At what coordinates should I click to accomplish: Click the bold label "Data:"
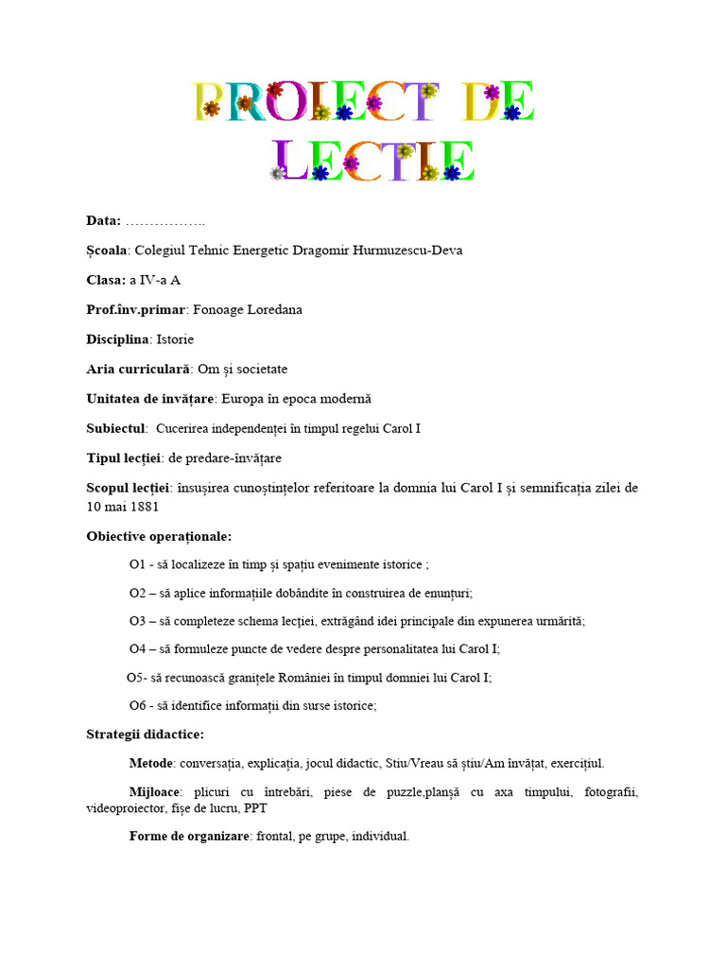point(103,221)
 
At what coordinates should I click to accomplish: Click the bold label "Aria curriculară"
point(138,369)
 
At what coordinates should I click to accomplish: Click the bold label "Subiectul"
point(117,428)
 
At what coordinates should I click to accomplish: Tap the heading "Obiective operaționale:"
point(159,536)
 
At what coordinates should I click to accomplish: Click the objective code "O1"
point(138,565)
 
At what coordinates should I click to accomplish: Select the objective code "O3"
point(138,621)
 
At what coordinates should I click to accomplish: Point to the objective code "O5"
point(136,677)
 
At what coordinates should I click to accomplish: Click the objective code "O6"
point(138,705)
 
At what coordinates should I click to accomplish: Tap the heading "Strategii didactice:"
point(145,735)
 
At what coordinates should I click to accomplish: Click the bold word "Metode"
point(151,763)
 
